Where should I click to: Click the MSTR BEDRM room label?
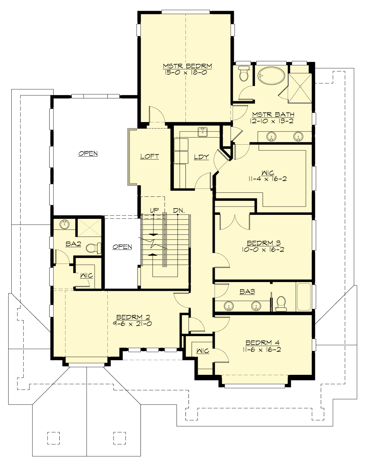tap(187, 66)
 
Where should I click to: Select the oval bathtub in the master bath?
tap(271, 75)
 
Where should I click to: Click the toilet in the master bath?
tap(244, 74)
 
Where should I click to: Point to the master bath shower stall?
tap(300, 87)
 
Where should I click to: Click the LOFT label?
tap(150, 156)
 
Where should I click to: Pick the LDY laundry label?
tap(202, 157)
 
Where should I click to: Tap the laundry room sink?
tap(202, 132)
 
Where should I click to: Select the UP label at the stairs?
tap(154, 211)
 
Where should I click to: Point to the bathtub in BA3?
tap(303, 296)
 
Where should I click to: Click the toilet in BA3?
tap(281, 303)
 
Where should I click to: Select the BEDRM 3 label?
tap(264, 243)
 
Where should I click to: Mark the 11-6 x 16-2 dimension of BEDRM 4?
tap(262, 349)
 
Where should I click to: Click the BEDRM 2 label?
tap(133, 317)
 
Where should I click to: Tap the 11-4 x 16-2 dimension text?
tap(268, 179)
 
